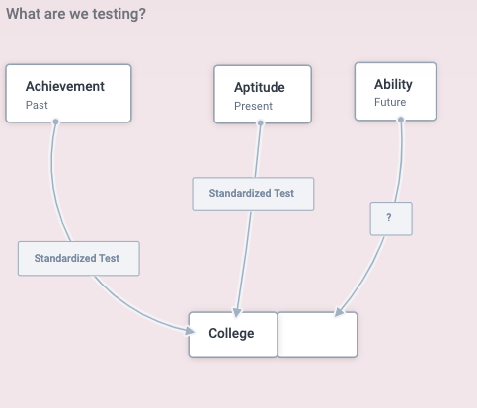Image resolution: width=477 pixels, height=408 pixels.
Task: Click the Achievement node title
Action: point(65,86)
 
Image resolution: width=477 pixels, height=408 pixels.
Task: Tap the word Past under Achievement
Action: point(37,105)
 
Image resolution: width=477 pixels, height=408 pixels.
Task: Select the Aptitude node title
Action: point(260,88)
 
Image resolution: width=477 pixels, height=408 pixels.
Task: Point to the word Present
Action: point(253,106)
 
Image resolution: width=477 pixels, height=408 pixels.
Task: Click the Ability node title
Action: point(393,85)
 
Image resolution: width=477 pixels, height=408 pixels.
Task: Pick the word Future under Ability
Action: point(390,102)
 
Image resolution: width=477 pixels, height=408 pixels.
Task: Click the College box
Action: point(233,334)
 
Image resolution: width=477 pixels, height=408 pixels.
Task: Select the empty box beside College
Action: point(318,334)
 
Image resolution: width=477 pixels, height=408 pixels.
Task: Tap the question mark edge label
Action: point(391,218)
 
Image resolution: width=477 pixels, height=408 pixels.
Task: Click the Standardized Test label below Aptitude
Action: point(253,194)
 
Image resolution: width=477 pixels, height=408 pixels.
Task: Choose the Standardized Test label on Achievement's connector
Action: point(79,258)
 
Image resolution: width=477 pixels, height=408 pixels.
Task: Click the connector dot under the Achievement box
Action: point(55,122)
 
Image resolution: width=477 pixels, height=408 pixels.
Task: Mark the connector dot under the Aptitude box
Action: point(261,123)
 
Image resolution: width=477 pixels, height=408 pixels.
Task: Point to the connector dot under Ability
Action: point(401,120)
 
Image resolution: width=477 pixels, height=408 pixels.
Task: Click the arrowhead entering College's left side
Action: point(190,330)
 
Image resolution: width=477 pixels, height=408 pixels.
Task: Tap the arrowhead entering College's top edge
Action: point(237,312)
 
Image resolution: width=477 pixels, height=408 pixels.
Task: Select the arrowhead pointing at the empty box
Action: point(339,312)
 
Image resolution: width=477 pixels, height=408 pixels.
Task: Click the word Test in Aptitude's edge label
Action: point(283,193)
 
